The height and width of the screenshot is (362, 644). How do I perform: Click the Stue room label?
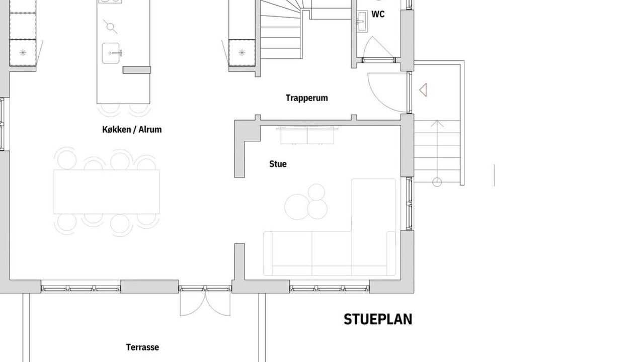278,164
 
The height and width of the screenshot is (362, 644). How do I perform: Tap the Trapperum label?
307,98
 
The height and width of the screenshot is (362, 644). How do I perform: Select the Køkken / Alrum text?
132,130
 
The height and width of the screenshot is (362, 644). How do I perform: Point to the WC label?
378,14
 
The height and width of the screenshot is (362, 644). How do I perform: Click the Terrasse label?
142,347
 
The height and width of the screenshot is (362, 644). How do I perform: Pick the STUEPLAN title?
378,319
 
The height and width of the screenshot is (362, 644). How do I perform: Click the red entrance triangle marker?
423,89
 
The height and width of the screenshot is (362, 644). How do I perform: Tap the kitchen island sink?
112,53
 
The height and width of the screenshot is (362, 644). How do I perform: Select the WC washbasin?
362,21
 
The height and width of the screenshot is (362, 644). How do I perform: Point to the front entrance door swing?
387,92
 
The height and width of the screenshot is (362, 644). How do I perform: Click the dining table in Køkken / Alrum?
106,192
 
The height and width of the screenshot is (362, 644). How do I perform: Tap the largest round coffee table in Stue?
295,207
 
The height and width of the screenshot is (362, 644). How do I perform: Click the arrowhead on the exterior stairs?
437,123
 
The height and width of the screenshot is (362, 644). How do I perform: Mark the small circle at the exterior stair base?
437,182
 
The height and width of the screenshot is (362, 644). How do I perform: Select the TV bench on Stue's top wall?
307,135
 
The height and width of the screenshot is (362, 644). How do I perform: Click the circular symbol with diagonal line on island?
110,27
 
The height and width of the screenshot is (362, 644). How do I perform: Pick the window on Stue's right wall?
409,204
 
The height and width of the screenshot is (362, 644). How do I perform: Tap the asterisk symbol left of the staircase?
242,53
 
